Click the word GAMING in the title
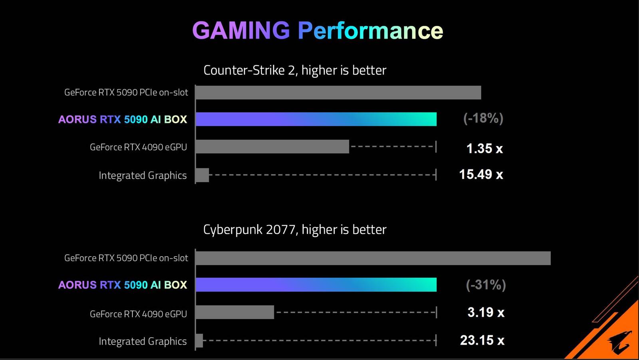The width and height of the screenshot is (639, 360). tap(241, 31)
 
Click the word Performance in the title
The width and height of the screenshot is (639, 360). tap(370, 31)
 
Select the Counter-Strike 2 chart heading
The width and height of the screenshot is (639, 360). tap(295, 70)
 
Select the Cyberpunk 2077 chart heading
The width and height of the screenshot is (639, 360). tap(295, 229)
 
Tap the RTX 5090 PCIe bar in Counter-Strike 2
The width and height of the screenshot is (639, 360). tap(338, 93)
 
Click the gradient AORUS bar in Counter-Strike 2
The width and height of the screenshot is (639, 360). tap(316, 119)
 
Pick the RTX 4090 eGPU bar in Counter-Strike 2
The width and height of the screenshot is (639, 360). tap(272, 146)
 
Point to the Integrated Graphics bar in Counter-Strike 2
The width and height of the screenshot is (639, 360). tap(202, 175)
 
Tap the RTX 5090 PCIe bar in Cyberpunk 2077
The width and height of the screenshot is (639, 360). tap(373, 258)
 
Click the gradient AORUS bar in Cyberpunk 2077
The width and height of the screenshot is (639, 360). tap(316, 285)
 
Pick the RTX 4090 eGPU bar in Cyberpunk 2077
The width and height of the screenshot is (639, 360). tap(235, 312)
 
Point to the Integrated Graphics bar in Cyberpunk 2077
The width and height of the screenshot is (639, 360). tap(199, 340)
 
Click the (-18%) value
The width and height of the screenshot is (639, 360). tap(483, 119)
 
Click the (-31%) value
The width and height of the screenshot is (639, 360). tap(486, 285)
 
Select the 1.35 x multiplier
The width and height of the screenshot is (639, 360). tap(484, 148)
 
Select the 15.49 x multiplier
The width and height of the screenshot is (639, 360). tap(481, 174)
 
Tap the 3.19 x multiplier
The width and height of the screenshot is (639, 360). tap(486, 312)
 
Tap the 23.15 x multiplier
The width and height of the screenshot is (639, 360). tap(482, 340)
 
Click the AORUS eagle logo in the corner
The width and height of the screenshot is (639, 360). tap(620, 342)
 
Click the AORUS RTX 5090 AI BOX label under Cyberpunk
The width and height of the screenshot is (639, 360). tap(123, 285)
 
